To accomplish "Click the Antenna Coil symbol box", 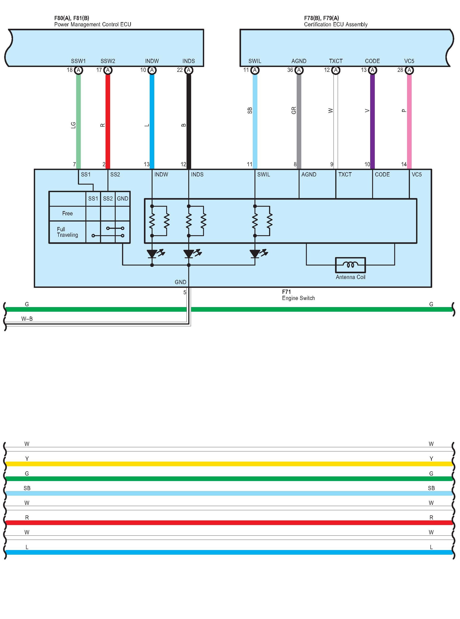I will click(350, 265).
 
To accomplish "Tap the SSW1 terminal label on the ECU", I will click(78, 61).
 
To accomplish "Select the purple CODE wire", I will click(372, 120).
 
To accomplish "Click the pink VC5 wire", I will click(409, 120).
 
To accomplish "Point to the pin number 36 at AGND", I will click(290, 70).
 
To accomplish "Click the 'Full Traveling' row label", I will click(67, 232).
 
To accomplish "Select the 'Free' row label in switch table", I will click(67, 214).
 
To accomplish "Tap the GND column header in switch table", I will click(123, 199).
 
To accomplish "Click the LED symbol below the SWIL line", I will click(255, 254).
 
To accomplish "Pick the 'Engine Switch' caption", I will click(298, 298).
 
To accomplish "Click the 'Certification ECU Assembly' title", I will click(336, 25).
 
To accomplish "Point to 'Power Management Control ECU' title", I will click(92, 25).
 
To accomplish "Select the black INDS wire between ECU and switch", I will click(189, 120).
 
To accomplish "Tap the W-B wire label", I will click(27, 319).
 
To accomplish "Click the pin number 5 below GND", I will click(185, 292).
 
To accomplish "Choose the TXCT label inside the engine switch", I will click(345, 175).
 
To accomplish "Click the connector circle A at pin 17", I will click(108, 70).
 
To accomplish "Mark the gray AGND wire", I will click(299, 120).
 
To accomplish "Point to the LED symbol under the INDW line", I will click(152, 254).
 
